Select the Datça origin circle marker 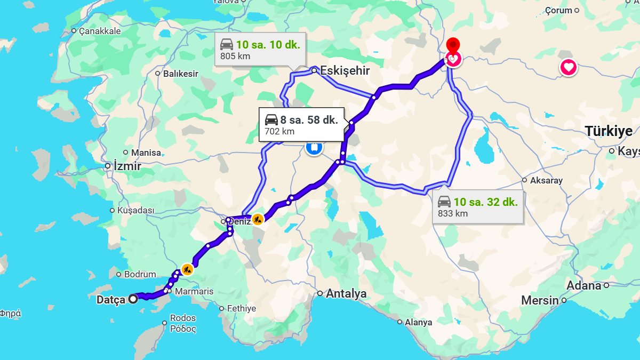[x=132, y=299]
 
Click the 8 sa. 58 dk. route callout [x=301, y=124]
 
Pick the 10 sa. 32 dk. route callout [x=478, y=207]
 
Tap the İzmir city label [x=127, y=166]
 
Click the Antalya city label [x=346, y=293]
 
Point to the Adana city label [x=583, y=285]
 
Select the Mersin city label [x=540, y=300]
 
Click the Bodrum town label [x=140, y=275]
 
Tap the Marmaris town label [x=194, y=291]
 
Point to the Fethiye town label [x=242, y=308]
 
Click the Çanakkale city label [x=100, y=31]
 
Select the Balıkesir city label [x=181, y=74]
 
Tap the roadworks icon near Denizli [x=258, y=219]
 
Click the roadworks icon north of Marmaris [x=187, y=269]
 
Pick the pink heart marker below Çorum [x=569, y=68]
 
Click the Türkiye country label [x=609, y=131]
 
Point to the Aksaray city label [x=546, y=180]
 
